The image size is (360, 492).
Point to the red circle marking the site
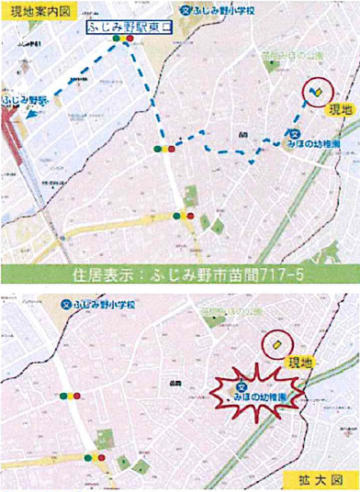[x=317, y=93]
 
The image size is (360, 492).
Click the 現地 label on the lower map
[x=303, y=363]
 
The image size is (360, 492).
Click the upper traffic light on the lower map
[x=71, y=396]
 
